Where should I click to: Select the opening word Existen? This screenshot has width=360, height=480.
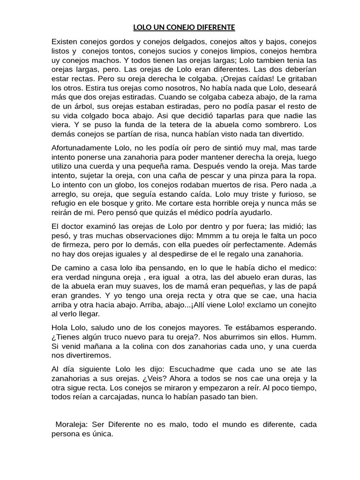(66, 42)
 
